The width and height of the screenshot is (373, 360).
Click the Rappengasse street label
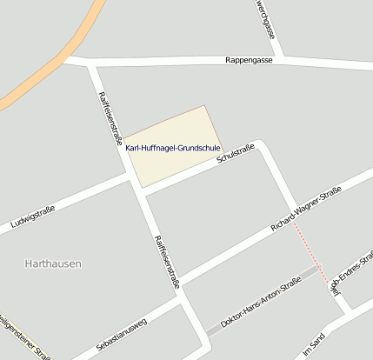pyautogui.click(x=249, y=61)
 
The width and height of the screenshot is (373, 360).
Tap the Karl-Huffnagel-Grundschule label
pyautogui.click(x=172, y=148)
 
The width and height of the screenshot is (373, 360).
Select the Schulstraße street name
pyautogui.click(x=236, y=154)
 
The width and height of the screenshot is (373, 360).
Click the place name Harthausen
pyautogui.click(x=54, y=262)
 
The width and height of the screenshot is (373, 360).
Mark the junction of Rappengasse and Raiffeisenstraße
pyautogui.click(x=91, y=63)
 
